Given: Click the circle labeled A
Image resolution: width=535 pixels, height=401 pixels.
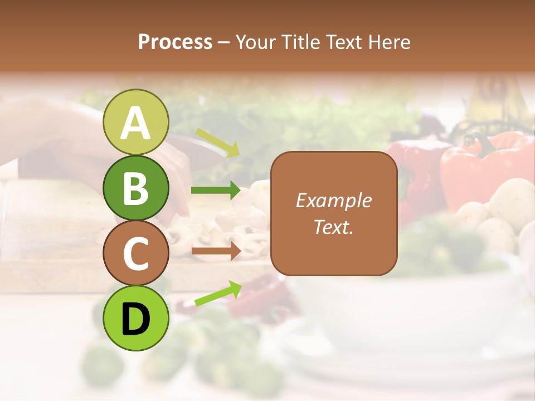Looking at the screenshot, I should coord(135,122).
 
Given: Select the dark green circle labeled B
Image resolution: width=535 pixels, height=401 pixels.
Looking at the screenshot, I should coord(135,188).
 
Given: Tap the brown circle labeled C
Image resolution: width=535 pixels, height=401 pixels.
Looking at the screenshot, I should coord(135,253).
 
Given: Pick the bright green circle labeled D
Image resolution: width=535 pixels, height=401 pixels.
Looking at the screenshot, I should coord(135,319).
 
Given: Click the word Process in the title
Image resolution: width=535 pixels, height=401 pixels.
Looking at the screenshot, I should coord(175,42).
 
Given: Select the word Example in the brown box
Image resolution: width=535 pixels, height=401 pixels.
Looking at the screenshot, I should coord(334,200).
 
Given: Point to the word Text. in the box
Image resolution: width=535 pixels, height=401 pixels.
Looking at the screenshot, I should coord(334,227).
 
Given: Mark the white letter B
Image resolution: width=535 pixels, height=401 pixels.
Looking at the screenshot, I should coord(135,188).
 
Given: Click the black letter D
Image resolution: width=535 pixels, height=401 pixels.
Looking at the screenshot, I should coord(135,319).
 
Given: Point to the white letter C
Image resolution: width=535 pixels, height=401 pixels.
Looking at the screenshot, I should coord(135,253).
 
